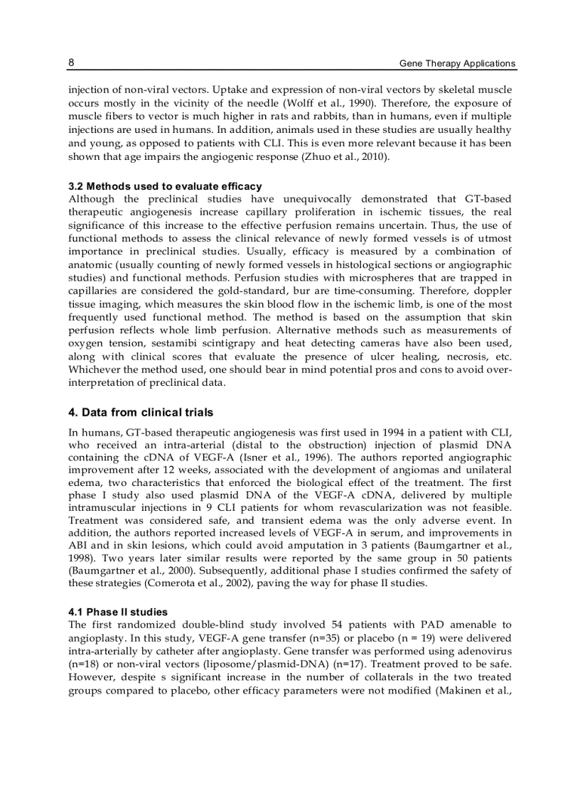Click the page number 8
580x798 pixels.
(71, 63)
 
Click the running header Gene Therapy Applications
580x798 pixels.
(457, 63)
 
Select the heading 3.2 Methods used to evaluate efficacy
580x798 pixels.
(165, 186)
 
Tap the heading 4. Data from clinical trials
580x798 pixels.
(141, 412)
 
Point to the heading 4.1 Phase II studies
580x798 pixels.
(118, 611)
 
